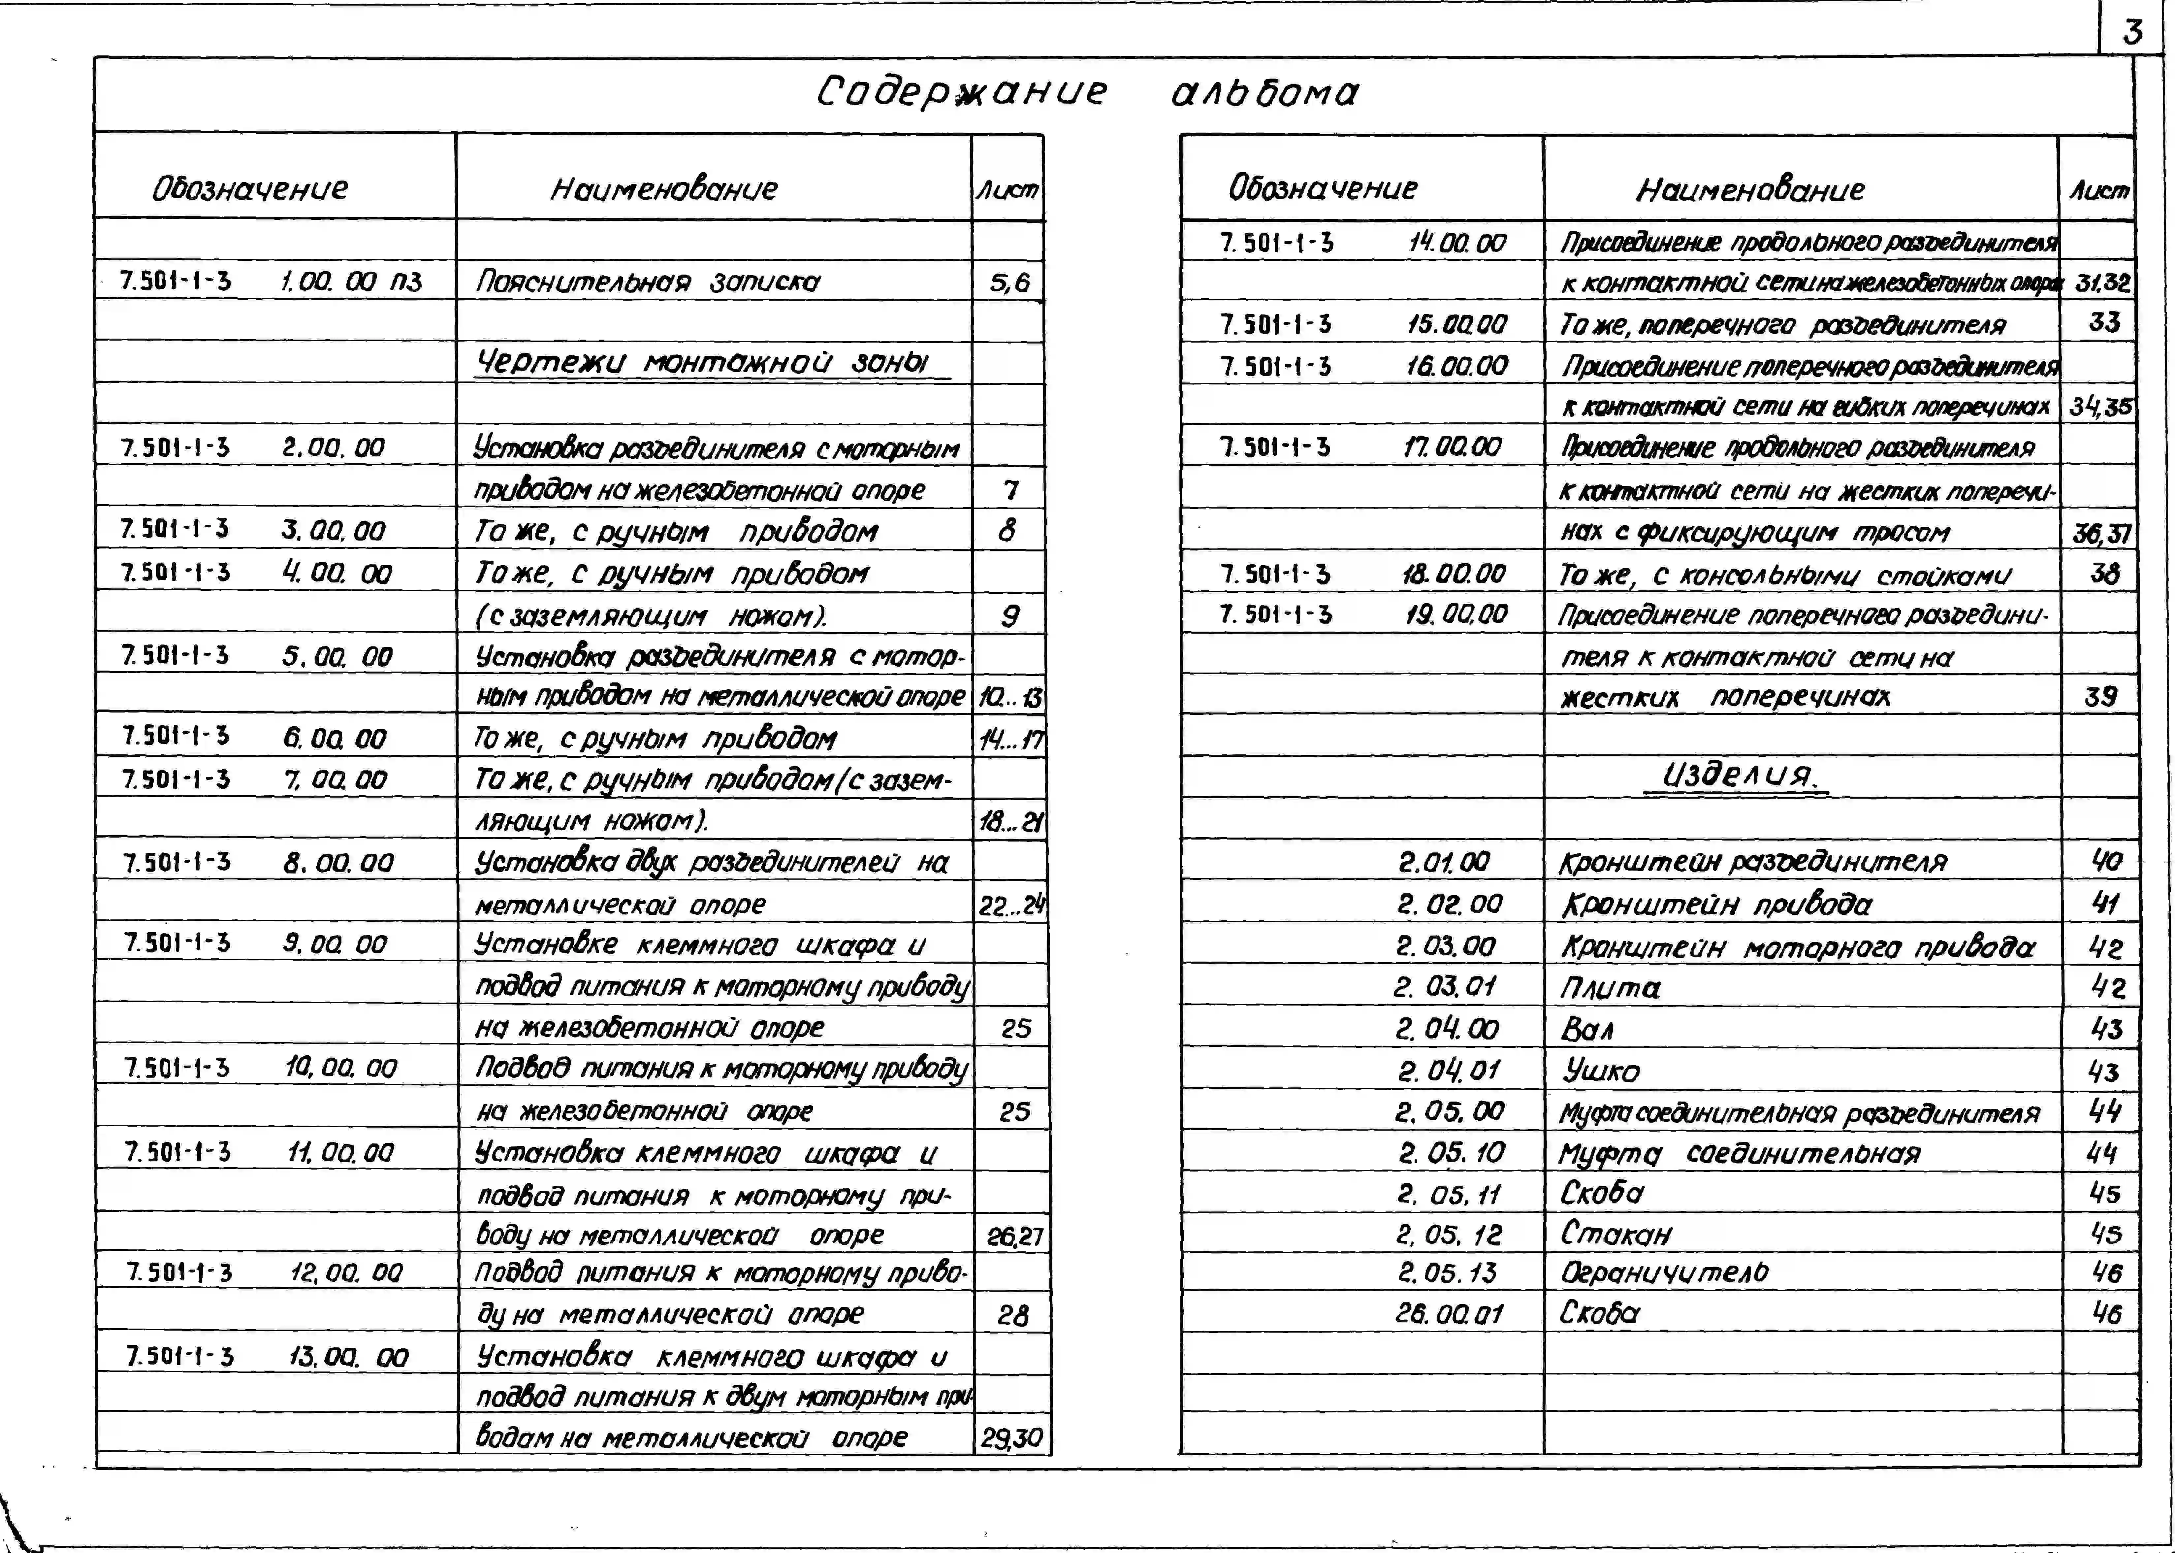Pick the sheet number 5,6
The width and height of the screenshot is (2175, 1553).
tap(1009, 282)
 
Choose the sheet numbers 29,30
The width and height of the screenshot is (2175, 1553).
tap(1011, 1437)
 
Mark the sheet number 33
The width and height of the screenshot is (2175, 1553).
tap(2103, 322)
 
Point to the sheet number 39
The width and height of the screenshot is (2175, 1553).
tap(2100, 696)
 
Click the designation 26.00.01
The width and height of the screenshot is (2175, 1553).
tap(1449, 1314)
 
